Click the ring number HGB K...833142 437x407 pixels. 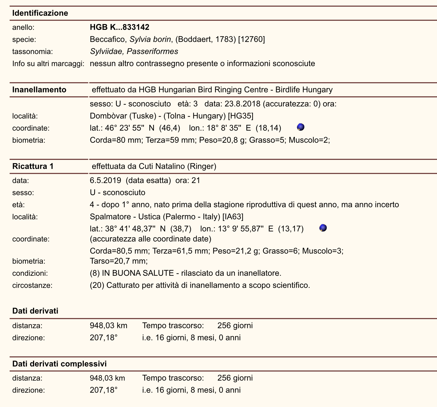pyautogui.click(x=119, y=27)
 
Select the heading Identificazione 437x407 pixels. pyautogui.click(x=40, y=13)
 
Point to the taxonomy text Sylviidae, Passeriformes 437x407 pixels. pyautogui.click(x=134, y=51)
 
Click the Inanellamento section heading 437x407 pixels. pyautogui.click(x=39, y=90)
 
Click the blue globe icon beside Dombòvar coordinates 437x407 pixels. pyautogui.click(x=301, y=127)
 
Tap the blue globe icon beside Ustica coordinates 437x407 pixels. pyautogui.click(x=323, y=228)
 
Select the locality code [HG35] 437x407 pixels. pyautogui.click(x=241, y=116)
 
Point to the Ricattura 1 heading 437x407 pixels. pyautogui.click(x=33, y=166)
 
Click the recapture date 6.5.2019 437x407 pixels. pyautogui.click(x=105, y=180)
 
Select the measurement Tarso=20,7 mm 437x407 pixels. pyautogui.click(x=119, y=261)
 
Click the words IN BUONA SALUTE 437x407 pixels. pyautogui.click(x=138, y=273)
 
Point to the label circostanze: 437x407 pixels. pyautogui.click(x=32, y=286)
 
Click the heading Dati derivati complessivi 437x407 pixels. pyautogui.click(x=59, y=364)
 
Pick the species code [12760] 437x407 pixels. pyautogui.click(x=252, y=39)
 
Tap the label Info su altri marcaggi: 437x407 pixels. pyautogui.click(x=48, y=63)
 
